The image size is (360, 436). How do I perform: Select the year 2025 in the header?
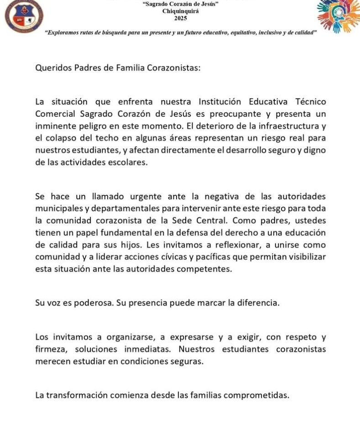coord(180,19)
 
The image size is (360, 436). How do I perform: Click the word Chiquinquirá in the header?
coord(180,11)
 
